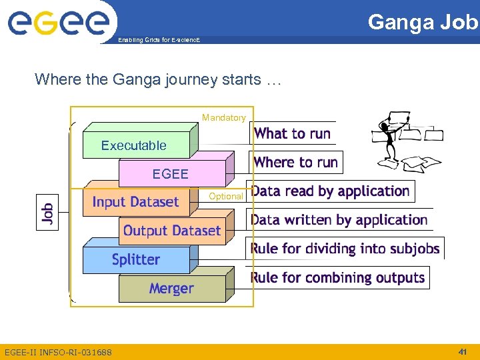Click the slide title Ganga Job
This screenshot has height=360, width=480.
(x=423, y=22)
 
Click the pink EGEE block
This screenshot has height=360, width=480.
(x=171, y=174)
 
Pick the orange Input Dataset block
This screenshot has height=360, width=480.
(x=135, y=202)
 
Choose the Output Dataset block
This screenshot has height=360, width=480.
(x=171, y=231)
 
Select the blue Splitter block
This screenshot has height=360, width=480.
(x=135, y=259)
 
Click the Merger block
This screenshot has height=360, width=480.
(x=171, y=289)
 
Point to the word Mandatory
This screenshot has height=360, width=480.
(x=223, y=117)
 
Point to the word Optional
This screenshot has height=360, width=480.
(x=225, y=197)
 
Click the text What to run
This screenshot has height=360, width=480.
(x=292, y=133)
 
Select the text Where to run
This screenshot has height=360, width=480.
(x=295, y=162)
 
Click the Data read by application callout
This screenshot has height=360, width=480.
(x=331, y=191)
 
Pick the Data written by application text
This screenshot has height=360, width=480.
(x=339, y=220)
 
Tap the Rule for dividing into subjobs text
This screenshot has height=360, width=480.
(x=345, y=249)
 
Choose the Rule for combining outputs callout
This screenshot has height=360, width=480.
(x=337, y=277)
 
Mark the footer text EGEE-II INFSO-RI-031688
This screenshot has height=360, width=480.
(x=58, y=351)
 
